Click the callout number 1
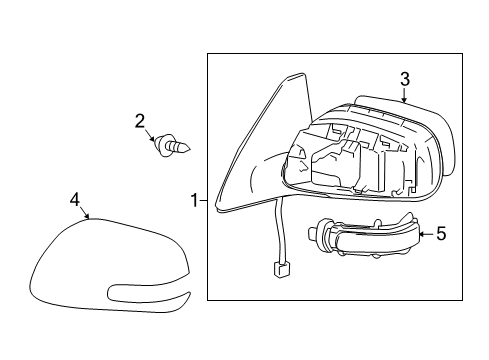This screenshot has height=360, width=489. point(194,202)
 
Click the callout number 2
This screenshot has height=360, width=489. point(141,121)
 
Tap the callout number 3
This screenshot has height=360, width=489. point(404,78)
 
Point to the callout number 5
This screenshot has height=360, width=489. point(440,236)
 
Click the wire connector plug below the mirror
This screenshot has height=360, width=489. point(282,268)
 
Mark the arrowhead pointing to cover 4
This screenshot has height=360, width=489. point(87,218)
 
